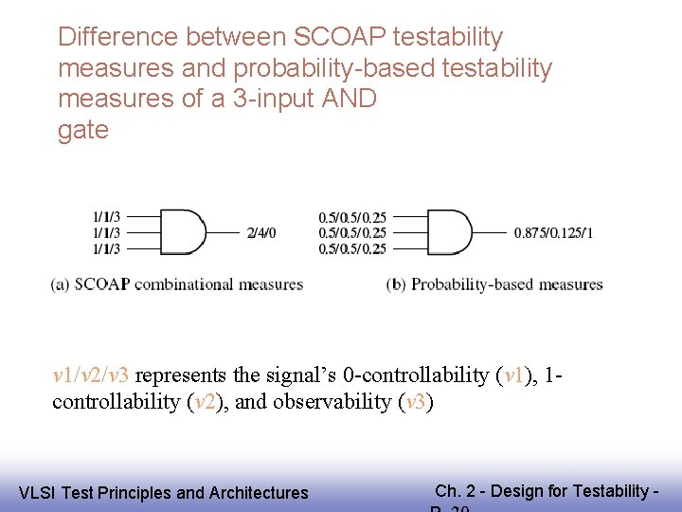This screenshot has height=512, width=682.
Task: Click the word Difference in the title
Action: pos(118,37)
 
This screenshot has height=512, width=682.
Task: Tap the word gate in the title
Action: pos(83,130)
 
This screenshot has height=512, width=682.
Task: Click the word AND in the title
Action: pos(350,99)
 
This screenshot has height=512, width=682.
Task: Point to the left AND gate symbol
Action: pos(183,232)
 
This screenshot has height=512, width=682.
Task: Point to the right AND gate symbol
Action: pos(448,232)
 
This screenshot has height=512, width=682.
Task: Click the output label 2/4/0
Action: pos(261,233)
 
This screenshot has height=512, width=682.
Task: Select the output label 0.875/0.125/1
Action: pos(553,233)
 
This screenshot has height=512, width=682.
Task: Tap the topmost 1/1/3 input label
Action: pos(106,217)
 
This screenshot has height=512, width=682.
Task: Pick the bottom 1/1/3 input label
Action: pos(106,249)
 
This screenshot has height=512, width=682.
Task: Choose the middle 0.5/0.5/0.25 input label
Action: pos(352,233)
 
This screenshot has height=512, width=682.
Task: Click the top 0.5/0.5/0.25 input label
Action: pos(352,217)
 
